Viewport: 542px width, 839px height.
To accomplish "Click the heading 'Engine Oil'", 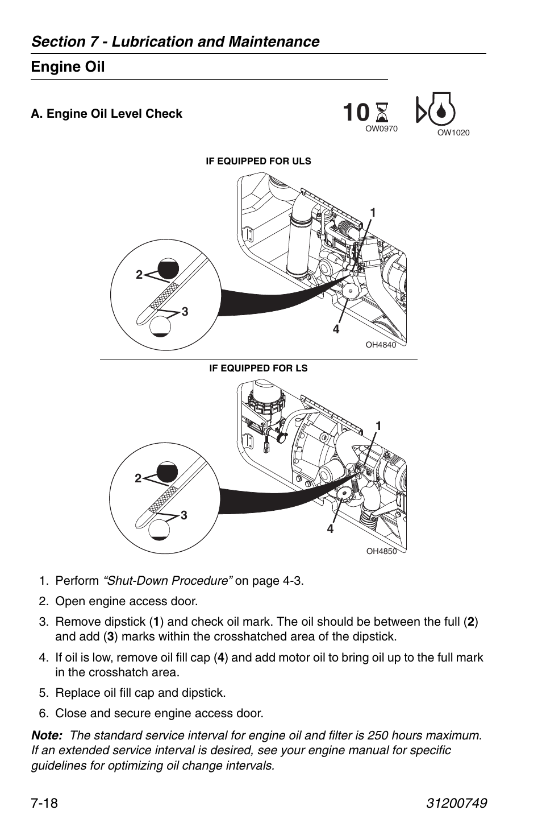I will coord(68,67).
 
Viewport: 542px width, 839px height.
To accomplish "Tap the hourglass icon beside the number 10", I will coord(382,113).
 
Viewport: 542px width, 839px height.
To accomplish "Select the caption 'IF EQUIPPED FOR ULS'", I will coord(258,162).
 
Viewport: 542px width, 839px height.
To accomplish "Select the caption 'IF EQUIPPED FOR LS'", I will coord(258,369).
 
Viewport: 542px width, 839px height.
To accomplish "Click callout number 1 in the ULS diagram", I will coord(373,213).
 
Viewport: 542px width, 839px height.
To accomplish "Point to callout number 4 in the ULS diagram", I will coord(336,329).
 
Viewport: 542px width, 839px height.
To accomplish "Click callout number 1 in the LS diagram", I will coord(377,425).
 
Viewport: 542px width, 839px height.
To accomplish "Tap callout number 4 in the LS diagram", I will coord(330,529).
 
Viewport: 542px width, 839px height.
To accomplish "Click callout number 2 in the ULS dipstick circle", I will coord(138,275).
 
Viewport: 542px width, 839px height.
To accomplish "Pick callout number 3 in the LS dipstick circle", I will coord(184,515).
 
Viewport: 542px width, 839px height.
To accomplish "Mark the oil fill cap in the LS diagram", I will coord(345,495).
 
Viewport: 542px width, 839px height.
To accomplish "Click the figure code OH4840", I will coord(381,345).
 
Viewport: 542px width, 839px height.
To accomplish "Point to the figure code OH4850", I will coord(381,551).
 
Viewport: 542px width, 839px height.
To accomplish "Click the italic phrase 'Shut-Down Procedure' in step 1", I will coord(168,581).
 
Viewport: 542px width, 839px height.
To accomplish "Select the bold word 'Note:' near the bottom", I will coord(47,735).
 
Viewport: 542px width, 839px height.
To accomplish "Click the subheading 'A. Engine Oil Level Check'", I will coord(107,114).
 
